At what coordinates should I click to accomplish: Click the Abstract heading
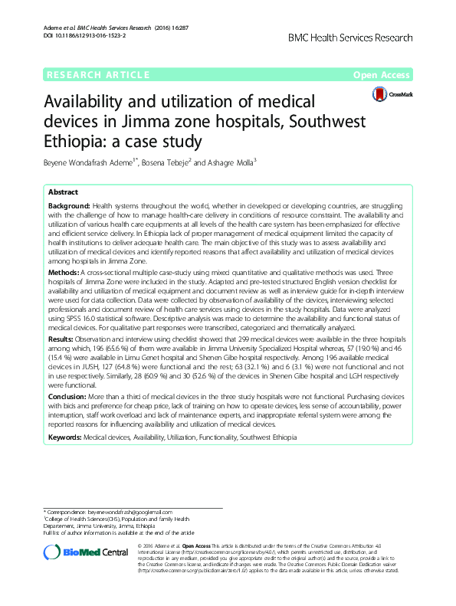click(x=64, y=193)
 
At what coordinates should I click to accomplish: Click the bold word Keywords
click(x=64, y=437)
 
